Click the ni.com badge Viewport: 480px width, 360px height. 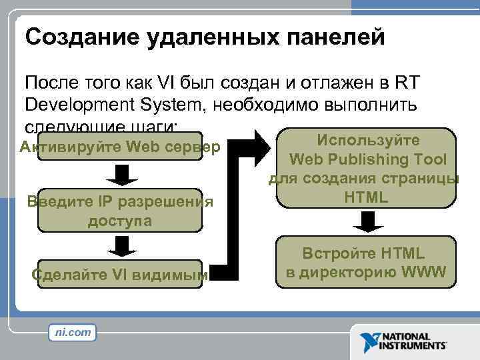point(73,331)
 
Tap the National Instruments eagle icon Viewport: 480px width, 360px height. point(369,341)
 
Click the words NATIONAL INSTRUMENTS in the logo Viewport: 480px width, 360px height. point(413,341)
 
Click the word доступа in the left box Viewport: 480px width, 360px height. point(120,221)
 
